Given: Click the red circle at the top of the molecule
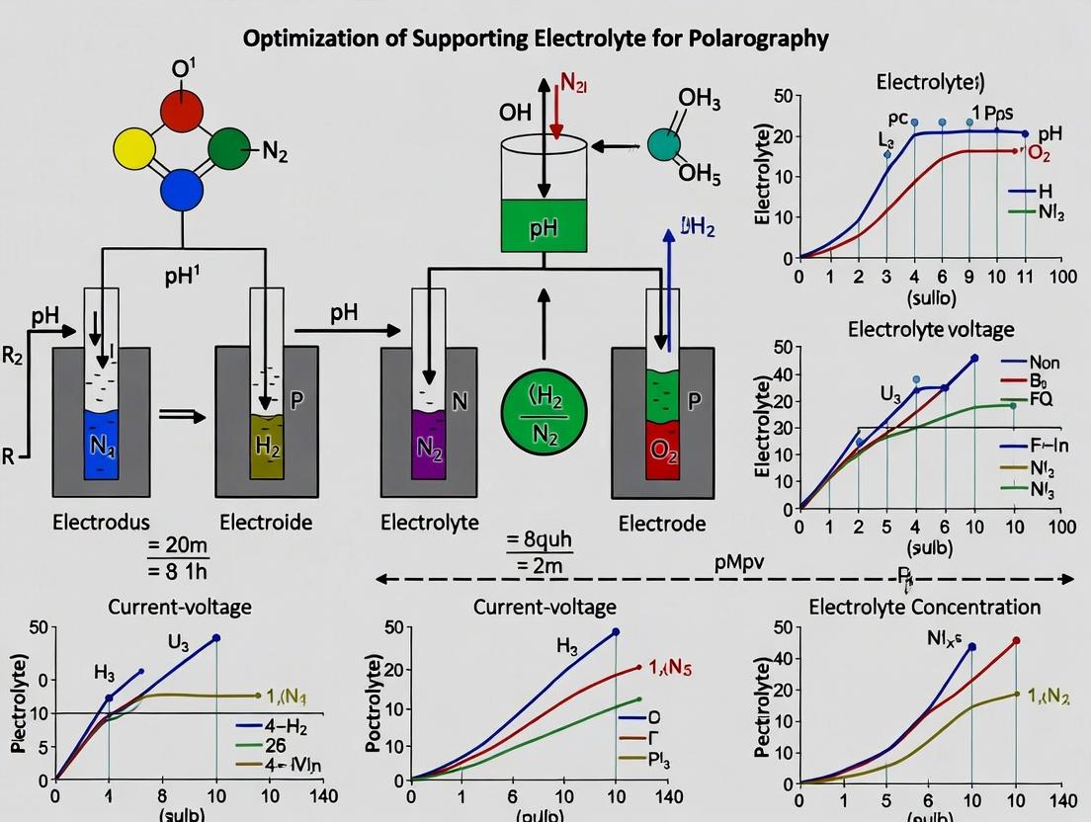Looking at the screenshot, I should (183, 110).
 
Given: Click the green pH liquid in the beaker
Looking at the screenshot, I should (544, 226).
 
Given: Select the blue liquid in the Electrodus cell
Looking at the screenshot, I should (102, 444).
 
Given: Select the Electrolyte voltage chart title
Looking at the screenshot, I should (930, 329).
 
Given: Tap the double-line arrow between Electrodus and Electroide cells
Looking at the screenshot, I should (182, 416).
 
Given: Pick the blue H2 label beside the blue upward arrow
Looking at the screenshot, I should (698, 228).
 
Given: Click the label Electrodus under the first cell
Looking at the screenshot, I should (102, 523).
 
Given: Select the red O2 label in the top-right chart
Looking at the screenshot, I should (1039, 152).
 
